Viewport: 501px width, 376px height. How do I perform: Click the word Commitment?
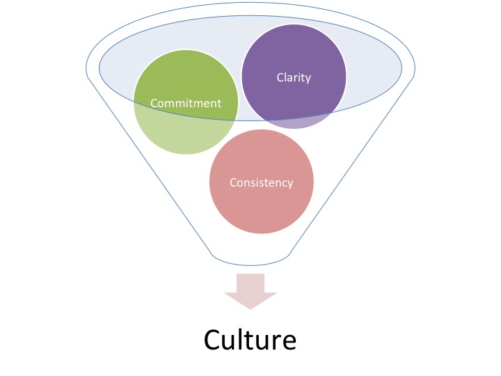click(x=186, y=103)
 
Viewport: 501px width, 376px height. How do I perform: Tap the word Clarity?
click(x=293, y=77)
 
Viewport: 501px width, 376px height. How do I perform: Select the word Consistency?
click(x=262, y=182)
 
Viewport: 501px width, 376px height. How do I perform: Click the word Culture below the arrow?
click(x=250, y=339)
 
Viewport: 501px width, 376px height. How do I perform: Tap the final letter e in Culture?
click(x=288, y=341)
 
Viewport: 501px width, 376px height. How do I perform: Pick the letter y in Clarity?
click(x=308, y=79)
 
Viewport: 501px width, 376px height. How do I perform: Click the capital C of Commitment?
click(x=154, y=103)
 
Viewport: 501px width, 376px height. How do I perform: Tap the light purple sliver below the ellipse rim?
click(x=299, y=123)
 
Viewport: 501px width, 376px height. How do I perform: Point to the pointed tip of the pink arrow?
click(x=250, y=308)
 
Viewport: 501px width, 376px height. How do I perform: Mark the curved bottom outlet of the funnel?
click(x=250, y=263)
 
